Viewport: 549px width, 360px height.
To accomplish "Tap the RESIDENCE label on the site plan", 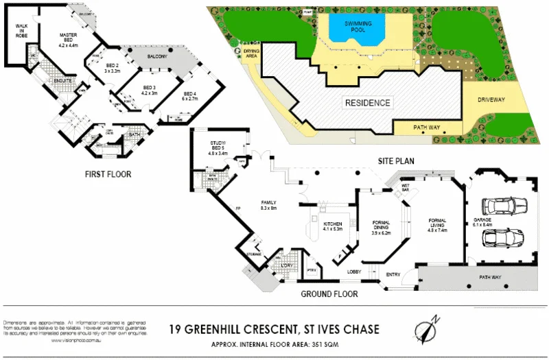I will [367, 104].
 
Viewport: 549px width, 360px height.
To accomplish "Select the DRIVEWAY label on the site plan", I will [491, 100].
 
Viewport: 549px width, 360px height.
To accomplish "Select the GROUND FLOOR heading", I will [329, 294].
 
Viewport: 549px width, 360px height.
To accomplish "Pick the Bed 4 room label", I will [190, 96].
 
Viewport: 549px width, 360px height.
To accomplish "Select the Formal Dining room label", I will [381, 227].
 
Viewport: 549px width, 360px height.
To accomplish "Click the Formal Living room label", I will [437, 225].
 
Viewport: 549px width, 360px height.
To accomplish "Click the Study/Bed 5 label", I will [218, 146].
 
